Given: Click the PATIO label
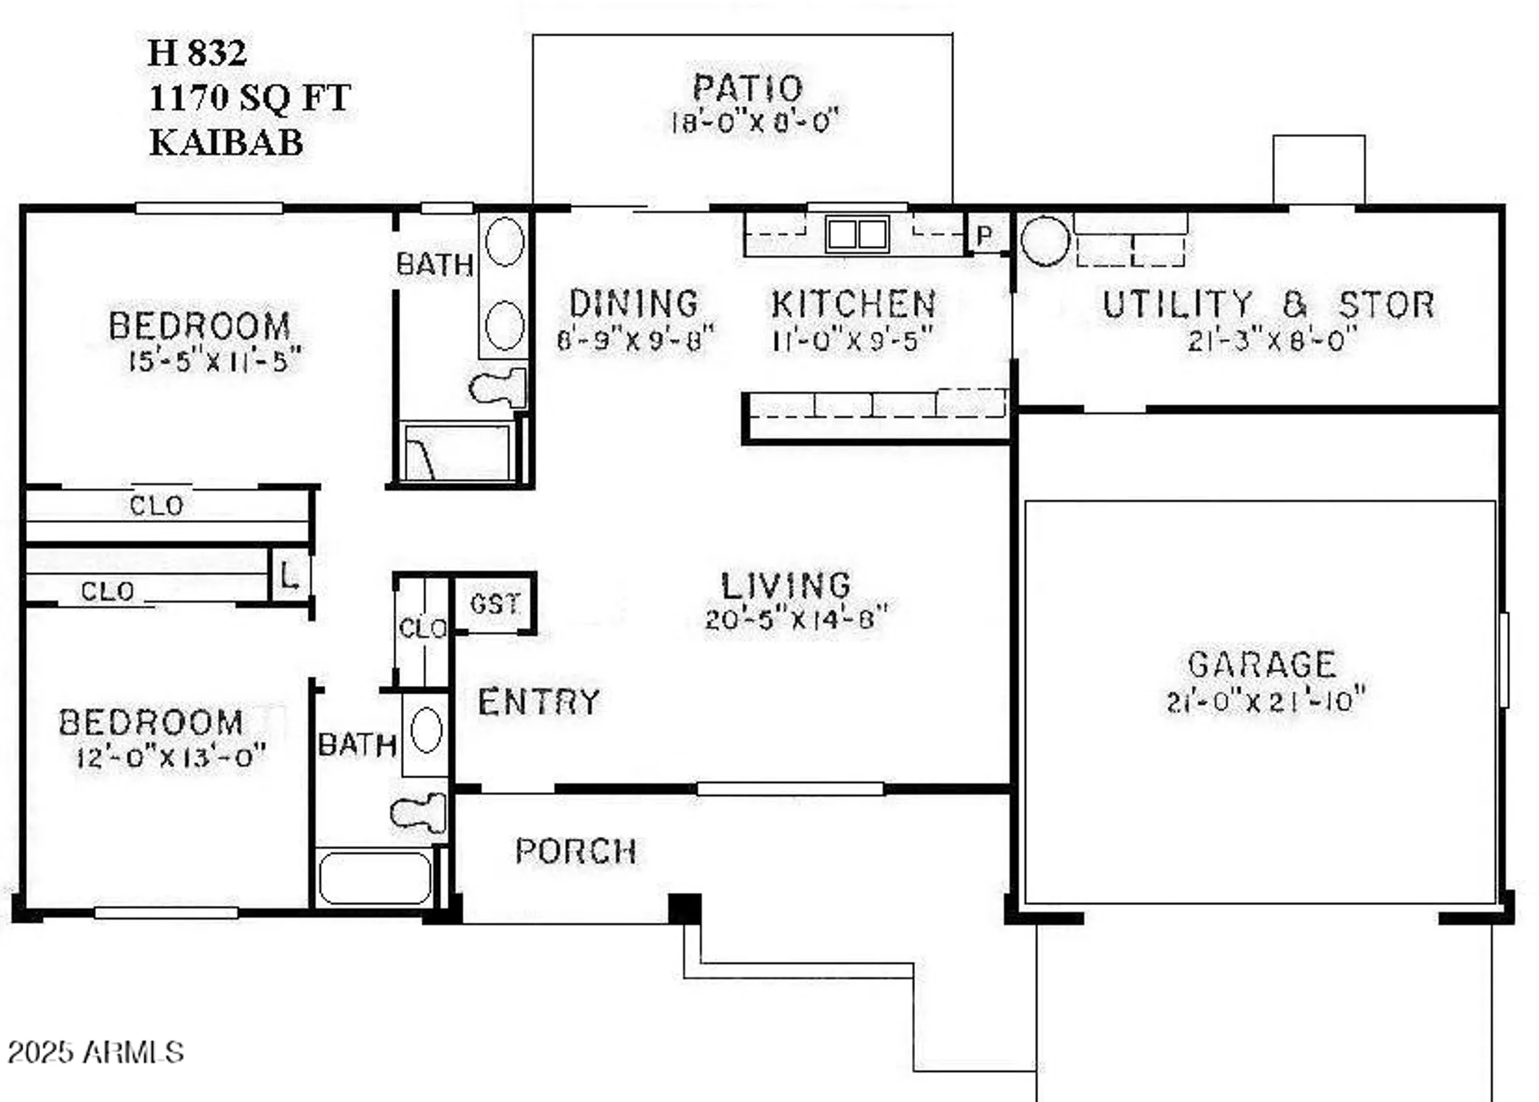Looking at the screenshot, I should coord(747,88).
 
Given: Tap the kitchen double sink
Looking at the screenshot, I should coord(856,234).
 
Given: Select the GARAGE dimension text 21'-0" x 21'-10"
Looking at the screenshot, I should coord(1265,701).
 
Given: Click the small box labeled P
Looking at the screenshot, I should coord(985,235).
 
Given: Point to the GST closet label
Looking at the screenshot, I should coord(495,604).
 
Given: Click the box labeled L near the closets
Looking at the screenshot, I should coord(289,575).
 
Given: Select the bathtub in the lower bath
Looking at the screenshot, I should coord(375,877).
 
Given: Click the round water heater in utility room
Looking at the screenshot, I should coord(1044,241).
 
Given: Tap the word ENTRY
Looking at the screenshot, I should coord(539,702).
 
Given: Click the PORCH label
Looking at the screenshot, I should coord(576,851).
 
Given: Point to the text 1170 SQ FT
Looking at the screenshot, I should coord(249,98).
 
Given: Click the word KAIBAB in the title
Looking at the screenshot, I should coord(226,143).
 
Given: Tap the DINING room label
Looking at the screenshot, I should coord(634,304).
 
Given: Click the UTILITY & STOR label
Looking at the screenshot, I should coord(1268,305).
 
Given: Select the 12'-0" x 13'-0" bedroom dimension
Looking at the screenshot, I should coord(171,757).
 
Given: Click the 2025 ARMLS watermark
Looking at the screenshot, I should coord(95,1052).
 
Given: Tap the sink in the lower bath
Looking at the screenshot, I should coord(426,731).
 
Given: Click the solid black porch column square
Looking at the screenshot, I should coord(684,908).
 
